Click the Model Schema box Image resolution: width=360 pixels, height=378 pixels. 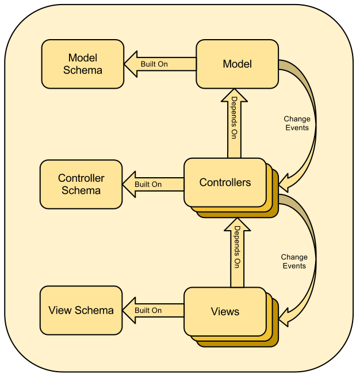(x=83, y=64)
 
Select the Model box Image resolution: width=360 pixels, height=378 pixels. (x=237, y=63)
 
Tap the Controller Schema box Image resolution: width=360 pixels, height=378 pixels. (x=81, y=184)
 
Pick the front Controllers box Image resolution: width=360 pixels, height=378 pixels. (x=225, y=182)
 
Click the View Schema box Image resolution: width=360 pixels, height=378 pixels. (x=81, y=310)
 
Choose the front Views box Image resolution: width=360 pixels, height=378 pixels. (x=225, y=311)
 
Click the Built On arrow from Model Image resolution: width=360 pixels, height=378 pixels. (x=160, y=64)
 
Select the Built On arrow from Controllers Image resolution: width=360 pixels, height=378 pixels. (x=154, y=184)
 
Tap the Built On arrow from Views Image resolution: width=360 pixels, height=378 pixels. (x=154, y=310)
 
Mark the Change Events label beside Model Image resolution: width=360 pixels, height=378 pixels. (x=297, y=123)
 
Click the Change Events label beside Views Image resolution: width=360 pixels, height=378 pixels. (x=294, y=261)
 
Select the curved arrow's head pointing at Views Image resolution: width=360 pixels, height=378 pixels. (x=287, y=314)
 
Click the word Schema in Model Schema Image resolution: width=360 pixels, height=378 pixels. (x=83, y=70)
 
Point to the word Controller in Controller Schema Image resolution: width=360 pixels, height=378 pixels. (x=81, y=178)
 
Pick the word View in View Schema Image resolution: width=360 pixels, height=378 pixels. (x=59, y=310)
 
